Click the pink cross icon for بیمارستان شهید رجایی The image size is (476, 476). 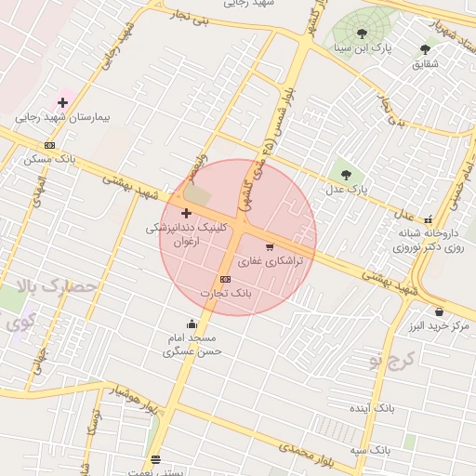point(62,101)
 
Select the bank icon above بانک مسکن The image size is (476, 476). point(49,145)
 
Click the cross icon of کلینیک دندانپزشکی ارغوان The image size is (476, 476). point(186,214)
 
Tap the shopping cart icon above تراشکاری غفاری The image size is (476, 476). point(270,247)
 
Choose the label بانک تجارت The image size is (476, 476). point(226,293)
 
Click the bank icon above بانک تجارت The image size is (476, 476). point(225,279)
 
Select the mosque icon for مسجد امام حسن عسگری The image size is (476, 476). point(192,324)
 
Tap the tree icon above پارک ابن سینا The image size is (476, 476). point(362,33)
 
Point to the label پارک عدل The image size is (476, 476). point(346,189)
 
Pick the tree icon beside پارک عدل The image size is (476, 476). point(346,174)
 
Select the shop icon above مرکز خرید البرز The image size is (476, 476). point(438,312)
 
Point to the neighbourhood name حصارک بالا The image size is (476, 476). point(59,287)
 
